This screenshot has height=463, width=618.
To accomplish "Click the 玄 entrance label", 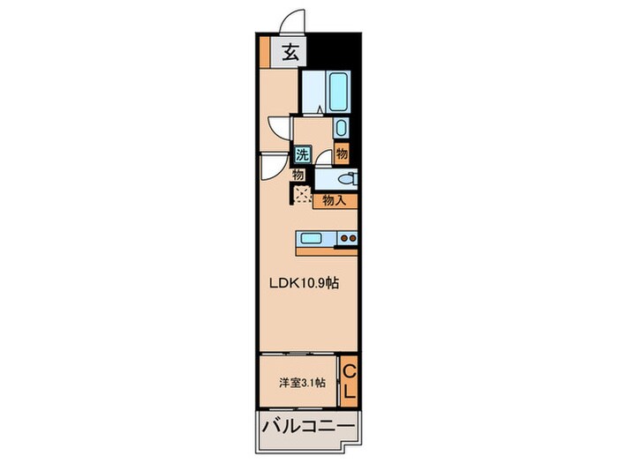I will [x=289, y=53].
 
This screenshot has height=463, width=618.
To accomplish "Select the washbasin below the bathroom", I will [x=342, y=128].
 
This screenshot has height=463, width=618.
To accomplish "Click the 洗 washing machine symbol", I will [x=302, y=154].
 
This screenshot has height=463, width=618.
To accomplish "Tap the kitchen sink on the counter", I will [x=314, y=237].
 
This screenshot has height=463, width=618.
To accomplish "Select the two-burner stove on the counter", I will [x=347, y=237].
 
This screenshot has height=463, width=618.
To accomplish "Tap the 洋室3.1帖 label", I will [x=302, y=382].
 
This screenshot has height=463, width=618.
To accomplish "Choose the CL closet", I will [x=349, y=380].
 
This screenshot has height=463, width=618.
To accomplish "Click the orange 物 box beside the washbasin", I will [x=342, y=153].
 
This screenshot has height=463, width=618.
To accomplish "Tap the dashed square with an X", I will [x=302, y=195].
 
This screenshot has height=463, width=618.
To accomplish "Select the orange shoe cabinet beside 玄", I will [x=264, y=53].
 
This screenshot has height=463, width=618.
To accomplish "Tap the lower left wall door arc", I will [x=272, y=165].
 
